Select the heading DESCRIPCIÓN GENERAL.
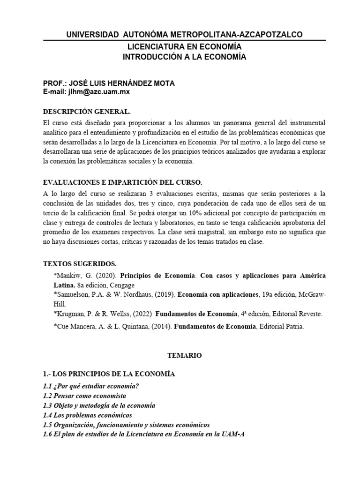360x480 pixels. [x=87, y=112]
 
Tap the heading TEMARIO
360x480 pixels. [x=184, y=356]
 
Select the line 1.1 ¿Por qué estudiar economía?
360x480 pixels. [x=91, y=386]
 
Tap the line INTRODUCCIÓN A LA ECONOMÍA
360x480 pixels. [x=184, y=57]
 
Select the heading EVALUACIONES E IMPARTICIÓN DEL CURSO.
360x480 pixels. [x=122, y=182]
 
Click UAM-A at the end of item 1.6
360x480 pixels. [x=234, y=434]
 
